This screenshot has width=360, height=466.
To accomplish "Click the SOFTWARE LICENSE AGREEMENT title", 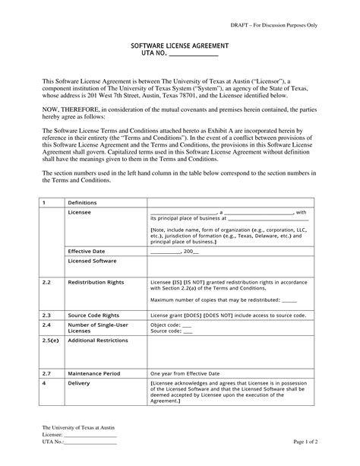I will (179, 47).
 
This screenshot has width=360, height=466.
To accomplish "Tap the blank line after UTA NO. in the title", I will (192, 55).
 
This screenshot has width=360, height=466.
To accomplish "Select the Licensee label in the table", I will (80, 214).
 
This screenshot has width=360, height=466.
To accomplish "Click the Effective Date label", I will (86, 250).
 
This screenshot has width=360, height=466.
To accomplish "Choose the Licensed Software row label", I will (92, 261).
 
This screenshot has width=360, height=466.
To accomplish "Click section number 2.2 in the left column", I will (46, 282).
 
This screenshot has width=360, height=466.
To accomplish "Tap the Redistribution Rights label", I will (96, 282).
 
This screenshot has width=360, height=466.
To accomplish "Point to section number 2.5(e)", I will (50, 341).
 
